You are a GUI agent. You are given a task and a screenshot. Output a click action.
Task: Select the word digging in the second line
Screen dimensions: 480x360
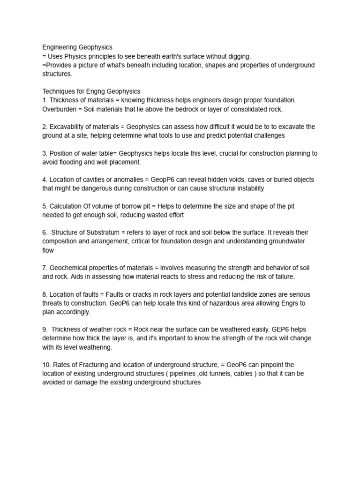point(239,56)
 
